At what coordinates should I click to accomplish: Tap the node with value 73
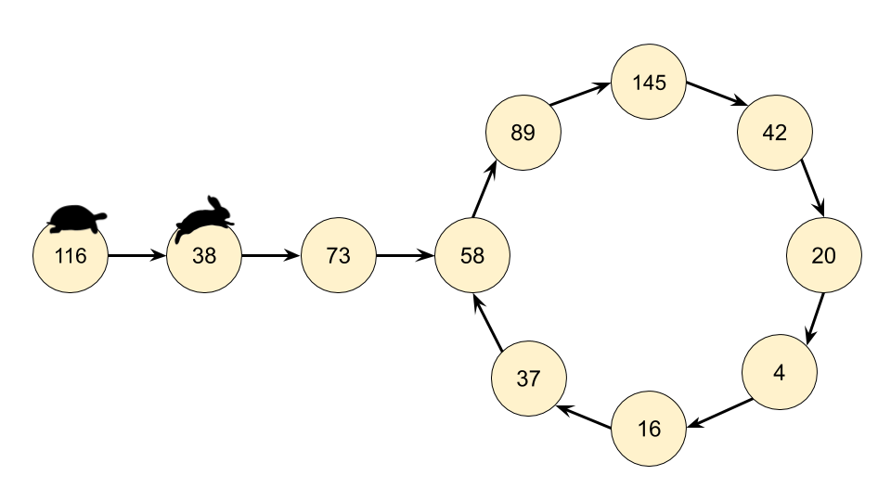tap(339, 255)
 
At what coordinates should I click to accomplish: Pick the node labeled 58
tap(472, 255)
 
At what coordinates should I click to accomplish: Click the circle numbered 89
tap(523, 133)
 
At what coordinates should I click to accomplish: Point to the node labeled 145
tap(649, 83)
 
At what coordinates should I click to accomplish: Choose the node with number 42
tap(775, 133)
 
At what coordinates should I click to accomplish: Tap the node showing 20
tap(824, 256)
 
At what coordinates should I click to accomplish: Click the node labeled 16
tap(650, 429)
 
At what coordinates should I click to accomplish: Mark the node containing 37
tap(528, 379)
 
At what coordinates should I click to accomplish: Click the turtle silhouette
tap(77, 219)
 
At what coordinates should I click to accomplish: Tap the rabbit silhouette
tap(206, 216)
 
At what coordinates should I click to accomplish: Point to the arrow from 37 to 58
tap(488, 324)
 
